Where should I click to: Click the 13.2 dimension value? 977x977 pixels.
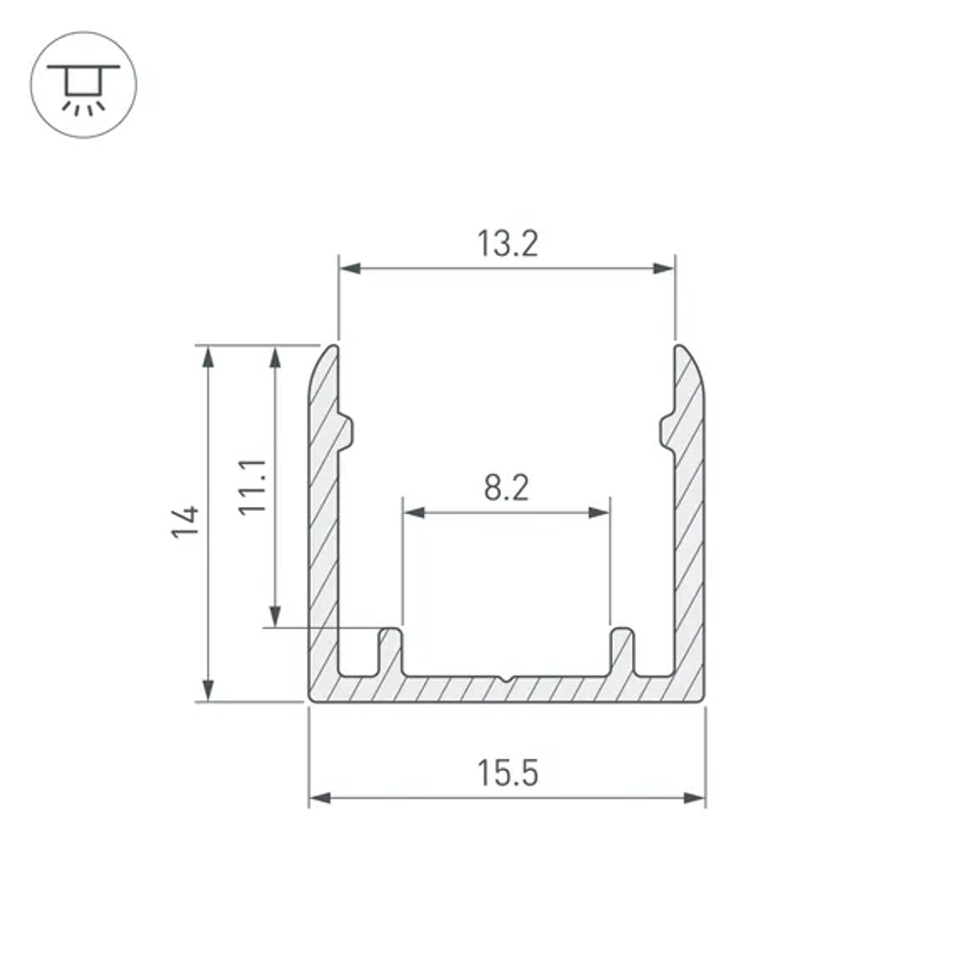click(x=507, y=243)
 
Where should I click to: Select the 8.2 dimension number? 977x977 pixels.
click(x=506, y=488)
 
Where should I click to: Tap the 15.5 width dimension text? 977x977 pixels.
click(x=508, y=773)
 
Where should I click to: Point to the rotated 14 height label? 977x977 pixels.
click(x=186, y=522)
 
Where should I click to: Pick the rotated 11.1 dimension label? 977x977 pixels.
click(x=253, y=487)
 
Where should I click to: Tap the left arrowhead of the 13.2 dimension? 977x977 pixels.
click(x=351, y=269)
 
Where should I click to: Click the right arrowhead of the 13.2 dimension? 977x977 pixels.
click(x=663, y=269)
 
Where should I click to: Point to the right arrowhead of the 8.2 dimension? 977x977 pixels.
click(x=598, y=513)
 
